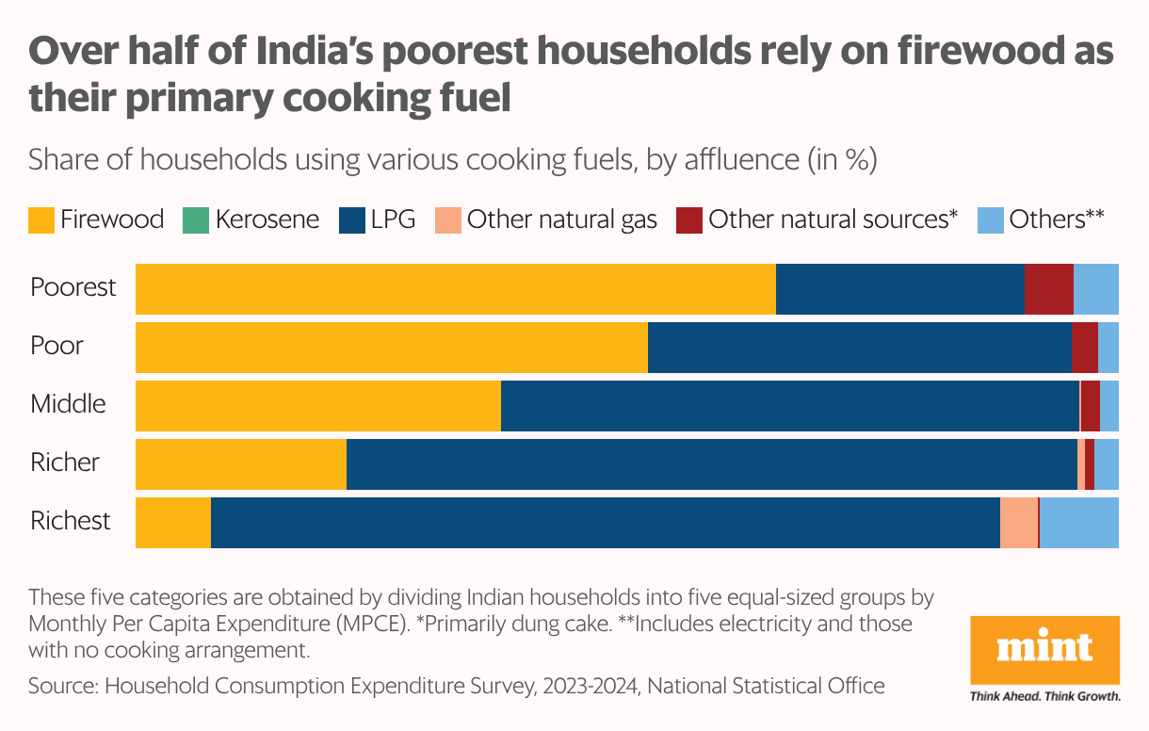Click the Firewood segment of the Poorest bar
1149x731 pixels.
(x=455, y=289)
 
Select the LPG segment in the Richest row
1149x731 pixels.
(x=605, y=523)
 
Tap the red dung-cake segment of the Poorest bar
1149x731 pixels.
(x=1048, y=289)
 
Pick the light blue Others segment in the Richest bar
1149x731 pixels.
(x=1078, y=523)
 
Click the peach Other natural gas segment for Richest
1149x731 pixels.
(x=1018, y=523)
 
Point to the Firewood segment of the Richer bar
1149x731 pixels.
(x=241, y=464)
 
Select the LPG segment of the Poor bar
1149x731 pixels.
(x=859, y=348)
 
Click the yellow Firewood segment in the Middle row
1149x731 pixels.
(x=318, y=406)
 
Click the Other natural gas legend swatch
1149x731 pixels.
(x=447, y=220)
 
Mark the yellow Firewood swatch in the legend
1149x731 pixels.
(x=41, y=220)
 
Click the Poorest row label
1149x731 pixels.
(x=73, y=287)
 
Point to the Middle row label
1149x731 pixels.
(x=68, y=404)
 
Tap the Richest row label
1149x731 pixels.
(x=71, y=521)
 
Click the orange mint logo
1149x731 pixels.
(x=1044, y=651)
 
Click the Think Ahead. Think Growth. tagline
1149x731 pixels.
(x=1044, y=697)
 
